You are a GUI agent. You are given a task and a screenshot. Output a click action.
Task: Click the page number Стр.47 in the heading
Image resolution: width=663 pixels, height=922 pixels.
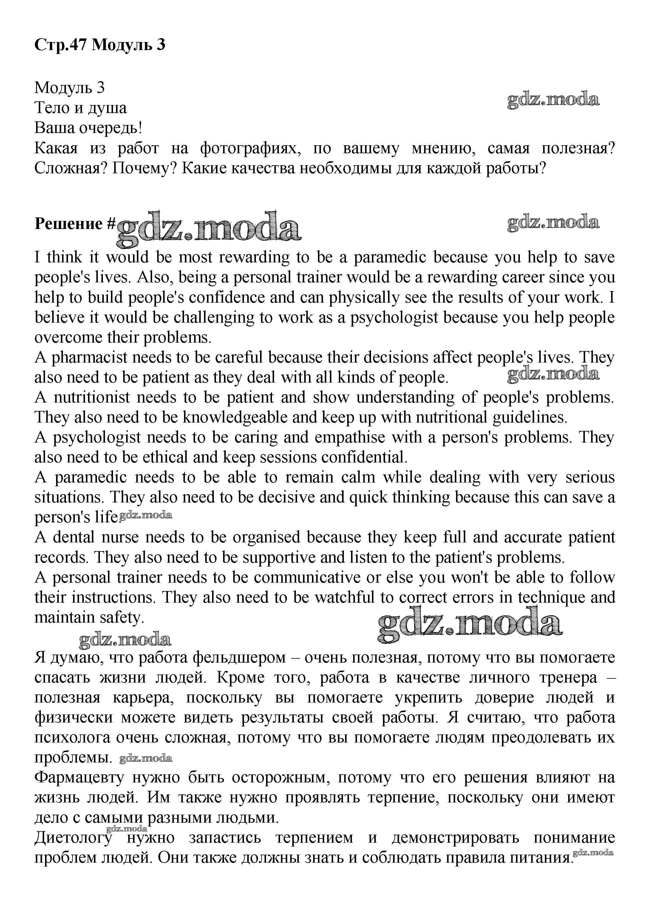point(61,45)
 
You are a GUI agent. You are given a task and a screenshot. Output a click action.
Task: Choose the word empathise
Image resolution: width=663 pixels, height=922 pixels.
point(350,437)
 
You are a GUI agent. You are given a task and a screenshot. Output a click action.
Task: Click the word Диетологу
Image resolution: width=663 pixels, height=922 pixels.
point(73,837)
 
